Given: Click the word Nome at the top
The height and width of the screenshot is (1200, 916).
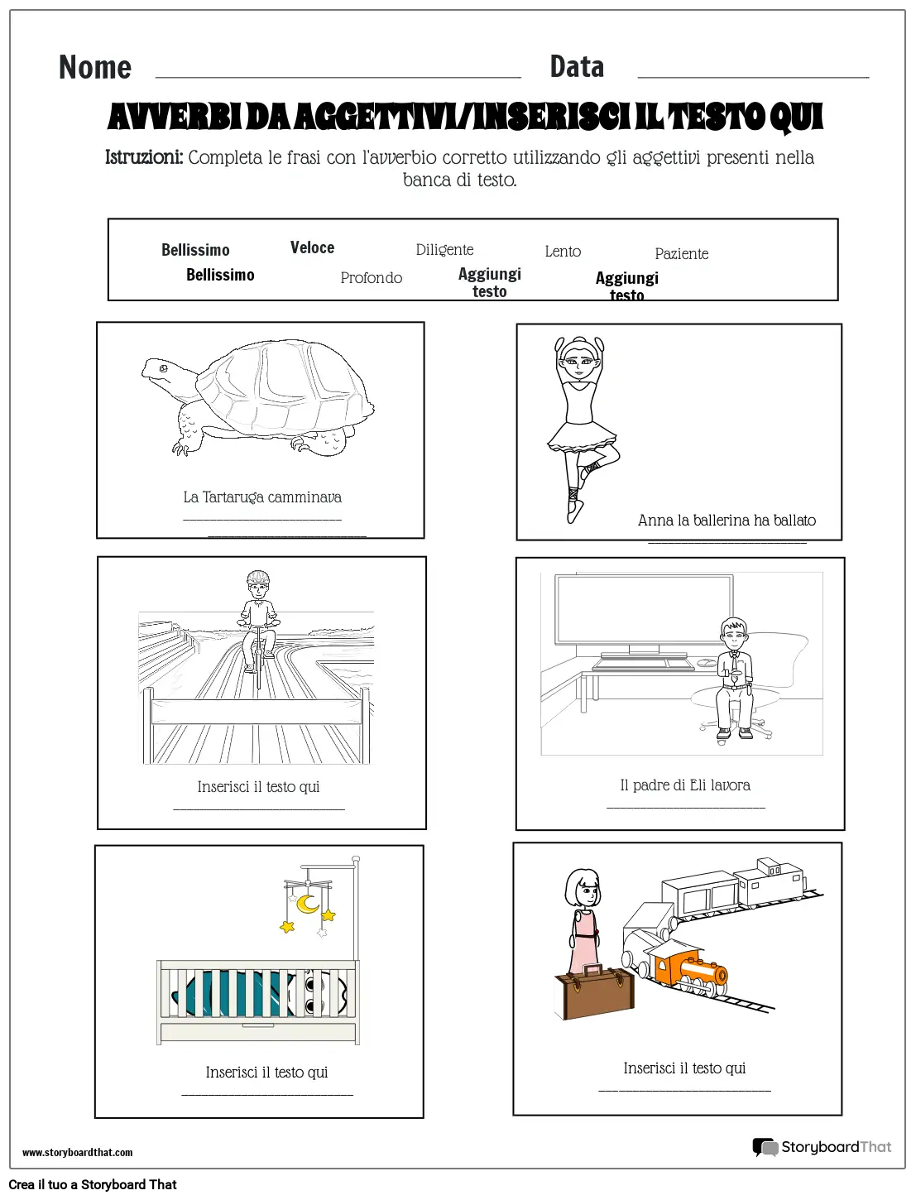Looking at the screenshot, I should click(95, 67).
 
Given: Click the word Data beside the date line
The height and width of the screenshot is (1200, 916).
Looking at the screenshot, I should click(577, 67).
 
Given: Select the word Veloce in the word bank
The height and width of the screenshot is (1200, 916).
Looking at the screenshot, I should click(312, 247).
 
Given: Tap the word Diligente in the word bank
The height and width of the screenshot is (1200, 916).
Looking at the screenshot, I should click(444, 250).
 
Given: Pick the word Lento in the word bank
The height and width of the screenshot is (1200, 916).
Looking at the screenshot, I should click(563, 252).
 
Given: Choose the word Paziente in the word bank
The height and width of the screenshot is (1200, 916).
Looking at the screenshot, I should click(681, 254).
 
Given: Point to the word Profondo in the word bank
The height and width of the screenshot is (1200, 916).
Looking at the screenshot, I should click(371, 278).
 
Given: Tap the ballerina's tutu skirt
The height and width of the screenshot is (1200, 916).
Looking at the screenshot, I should click(583, 435).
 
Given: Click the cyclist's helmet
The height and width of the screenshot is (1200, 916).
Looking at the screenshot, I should click(258, 577).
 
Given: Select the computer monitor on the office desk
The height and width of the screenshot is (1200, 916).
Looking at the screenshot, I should click(644, 610).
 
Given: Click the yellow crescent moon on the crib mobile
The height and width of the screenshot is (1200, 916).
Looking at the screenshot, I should click(308, 903).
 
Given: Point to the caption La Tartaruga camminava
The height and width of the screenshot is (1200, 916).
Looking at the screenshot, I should click(262, 497).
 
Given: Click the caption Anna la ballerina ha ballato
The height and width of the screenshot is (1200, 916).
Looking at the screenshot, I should click(727, 521).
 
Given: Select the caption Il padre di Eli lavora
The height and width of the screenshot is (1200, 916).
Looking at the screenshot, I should click(685, 785).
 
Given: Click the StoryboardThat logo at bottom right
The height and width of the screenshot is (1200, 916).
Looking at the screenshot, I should click(821, 1147).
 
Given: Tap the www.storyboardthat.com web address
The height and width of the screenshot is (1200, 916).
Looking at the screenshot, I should click(77, 1152).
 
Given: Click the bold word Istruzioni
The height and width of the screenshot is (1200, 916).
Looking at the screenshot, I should click(144, 157).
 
